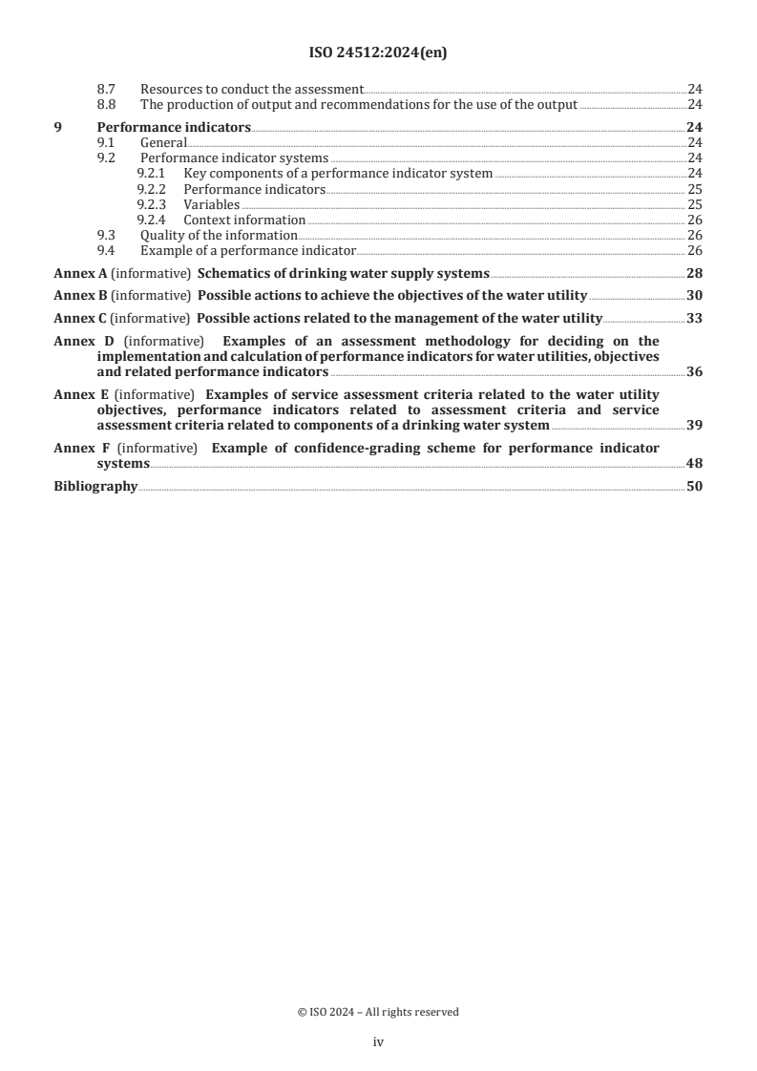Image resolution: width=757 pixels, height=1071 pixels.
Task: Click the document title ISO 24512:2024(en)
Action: point(378,54)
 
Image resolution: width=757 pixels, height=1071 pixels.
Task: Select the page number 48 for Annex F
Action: point(694,463)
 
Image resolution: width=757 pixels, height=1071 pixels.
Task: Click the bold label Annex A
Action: point(80,273)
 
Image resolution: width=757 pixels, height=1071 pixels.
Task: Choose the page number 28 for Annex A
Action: point(694,273)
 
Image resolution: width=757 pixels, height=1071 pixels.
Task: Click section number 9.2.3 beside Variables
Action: point(151,204)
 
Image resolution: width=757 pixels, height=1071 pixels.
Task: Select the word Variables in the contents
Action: point(211,204)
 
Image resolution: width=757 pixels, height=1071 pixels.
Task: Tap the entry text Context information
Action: point(243,220)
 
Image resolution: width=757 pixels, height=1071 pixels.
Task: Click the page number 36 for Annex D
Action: point(694,371)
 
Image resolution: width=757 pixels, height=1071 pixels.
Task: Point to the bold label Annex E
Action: point(80,394)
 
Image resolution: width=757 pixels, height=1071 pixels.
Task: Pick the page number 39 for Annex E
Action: point(694,425)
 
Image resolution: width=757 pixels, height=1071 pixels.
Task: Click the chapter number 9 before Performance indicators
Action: point(57,127)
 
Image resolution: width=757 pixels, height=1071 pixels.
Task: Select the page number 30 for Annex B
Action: point(694,296)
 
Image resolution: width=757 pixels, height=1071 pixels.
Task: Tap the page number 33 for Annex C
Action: point(694,318)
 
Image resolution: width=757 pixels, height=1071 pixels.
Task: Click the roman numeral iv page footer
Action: point(378,1042)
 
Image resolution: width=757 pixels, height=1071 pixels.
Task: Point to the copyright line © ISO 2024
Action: point(378,1012)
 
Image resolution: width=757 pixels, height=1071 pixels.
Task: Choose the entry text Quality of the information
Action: point(219,235)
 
